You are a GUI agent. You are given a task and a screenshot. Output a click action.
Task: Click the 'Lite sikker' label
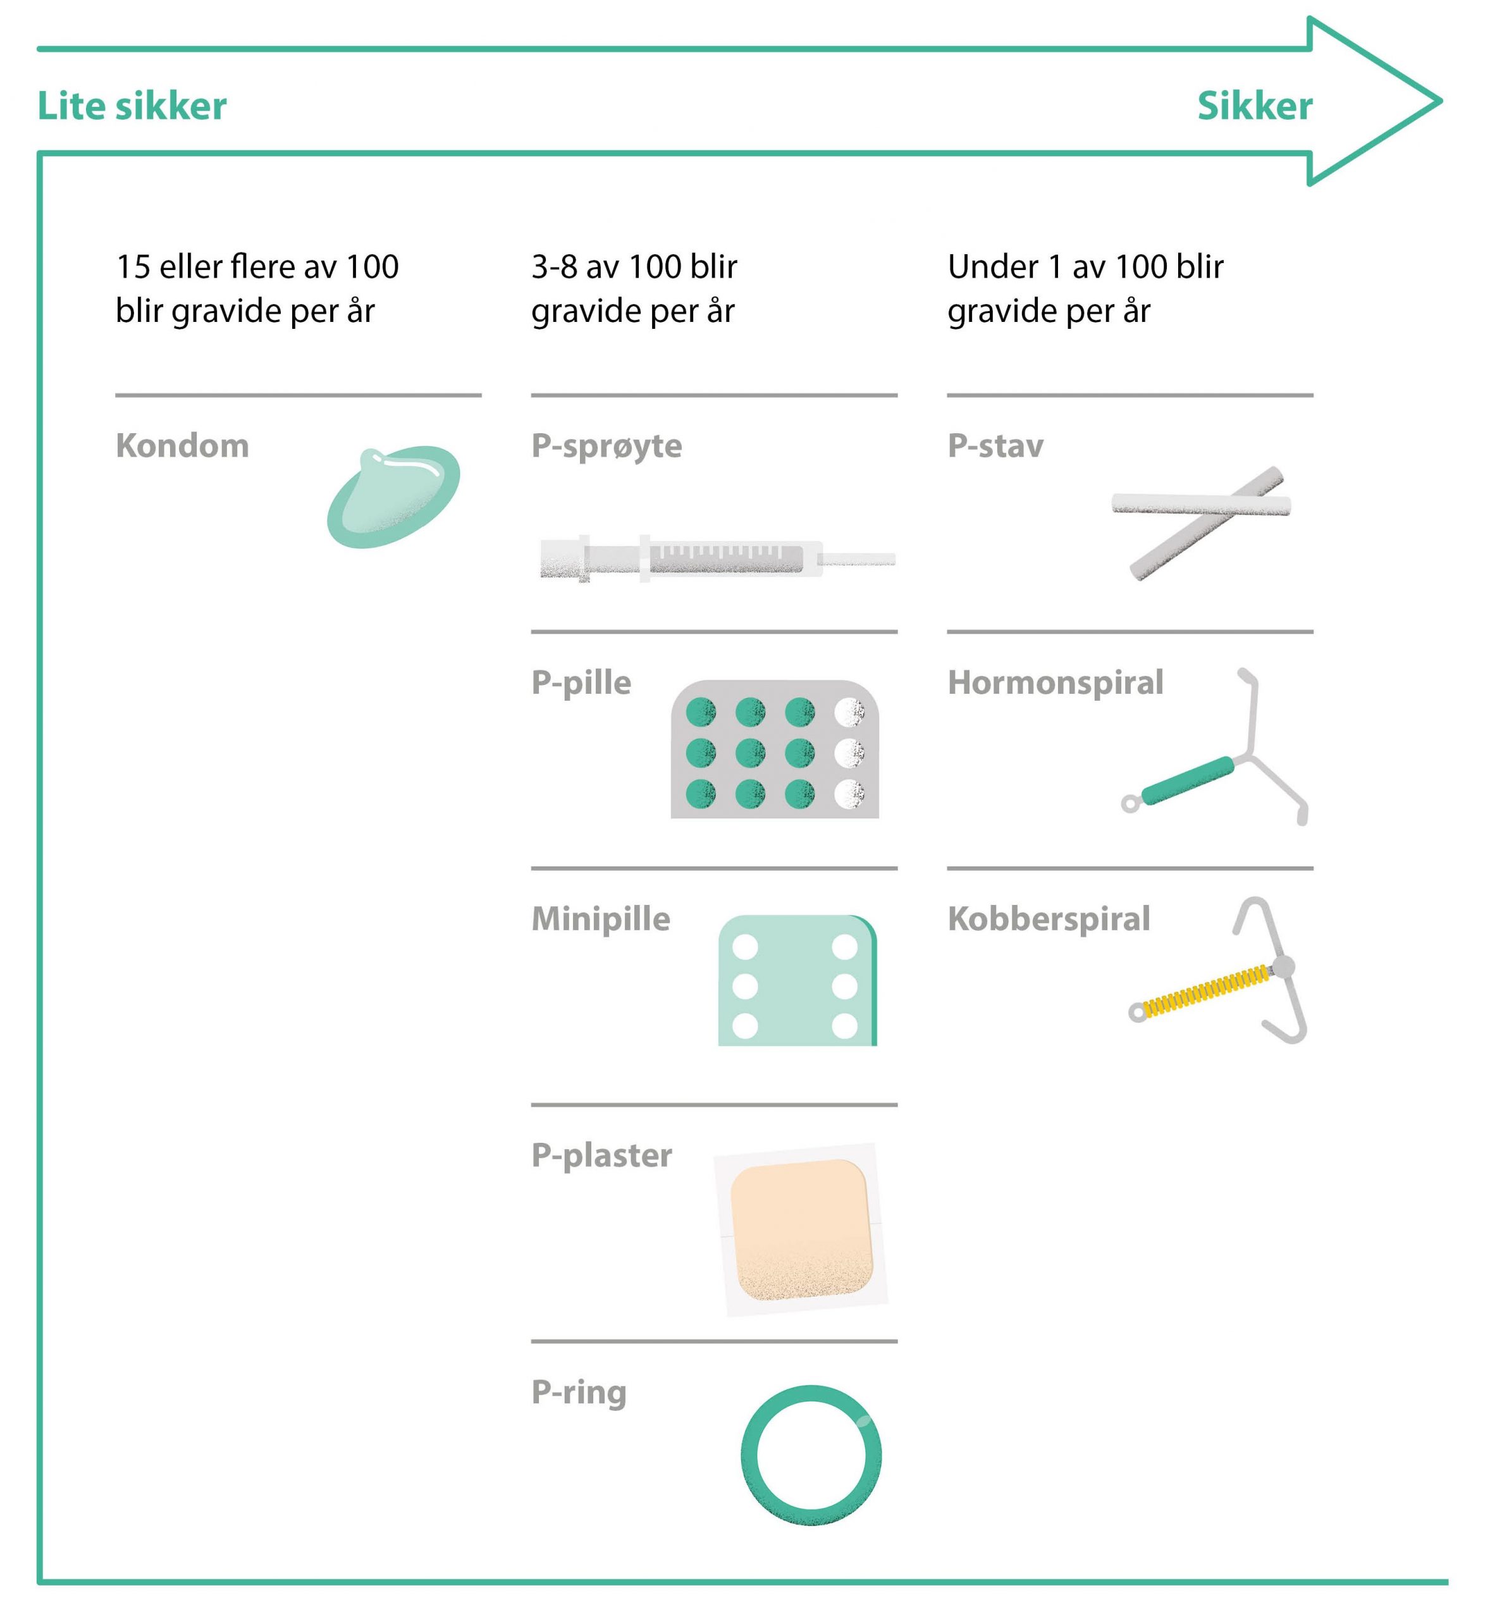click(x=132, y=106)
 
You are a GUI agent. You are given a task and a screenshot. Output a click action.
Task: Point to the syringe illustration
click(x=718, y=558)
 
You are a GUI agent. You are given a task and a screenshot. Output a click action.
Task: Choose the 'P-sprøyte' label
click(x=606, y=447)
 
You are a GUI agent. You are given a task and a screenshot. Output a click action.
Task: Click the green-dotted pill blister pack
click(x=775, y=749)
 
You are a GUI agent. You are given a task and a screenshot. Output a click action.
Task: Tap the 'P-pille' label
click(x=581, y=684)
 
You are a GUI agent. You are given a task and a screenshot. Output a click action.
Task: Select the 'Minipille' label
click(x=601, y=918)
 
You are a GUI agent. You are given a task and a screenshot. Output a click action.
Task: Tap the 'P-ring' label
click(x=579, y=1393)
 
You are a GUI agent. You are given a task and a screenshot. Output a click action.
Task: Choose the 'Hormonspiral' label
click(x=1055, y=684)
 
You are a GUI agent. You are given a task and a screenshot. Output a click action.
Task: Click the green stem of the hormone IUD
click(x=1188, y=780)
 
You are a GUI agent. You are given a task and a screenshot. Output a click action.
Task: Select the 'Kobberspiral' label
click(x=1049, y=919)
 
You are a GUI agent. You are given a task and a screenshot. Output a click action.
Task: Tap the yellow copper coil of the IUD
click(x=1206, y=991)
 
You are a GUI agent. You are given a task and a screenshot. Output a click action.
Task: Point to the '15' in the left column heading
click(x=133, y=267)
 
